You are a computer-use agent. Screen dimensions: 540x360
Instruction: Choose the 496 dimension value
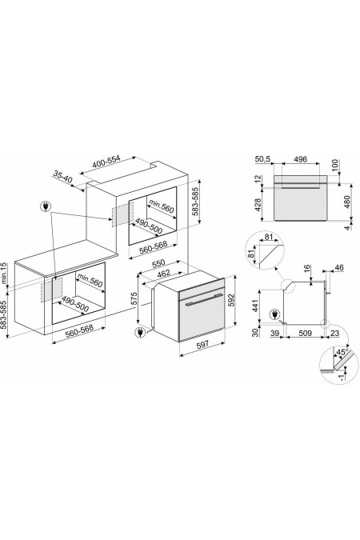coord(299,158)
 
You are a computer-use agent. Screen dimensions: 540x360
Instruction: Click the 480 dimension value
coord(346,203)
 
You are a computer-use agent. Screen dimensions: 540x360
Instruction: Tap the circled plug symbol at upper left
coord(45,207)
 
